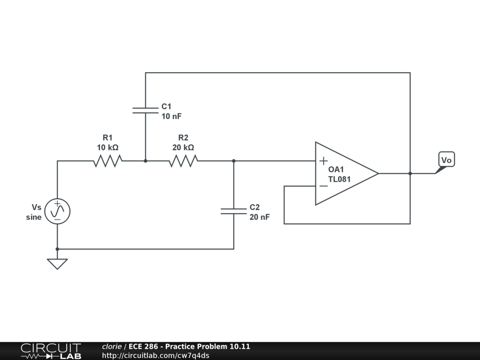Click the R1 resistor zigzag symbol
click(x=108, y=161)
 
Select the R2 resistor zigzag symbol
click(x=183, y=161)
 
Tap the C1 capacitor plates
click(x=145, y=111)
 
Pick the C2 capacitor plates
click(x=233, y=211)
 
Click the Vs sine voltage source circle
click(x=57, y=211)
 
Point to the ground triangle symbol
click(x=57, y=264)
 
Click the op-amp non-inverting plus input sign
click(x=323, y=161)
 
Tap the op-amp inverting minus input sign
click(x=323, y=186)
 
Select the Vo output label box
click(x=447, y=159)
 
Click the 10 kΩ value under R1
click(x=108, y=148)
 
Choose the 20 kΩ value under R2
click(x=183, y=148)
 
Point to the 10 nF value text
click(x=172, y=116)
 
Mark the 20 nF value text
click(x=260, y=217)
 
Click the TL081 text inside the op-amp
click(x=339, y=179)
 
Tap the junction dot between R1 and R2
click(x=145, y=161)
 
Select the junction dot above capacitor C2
click(x=233, y=161)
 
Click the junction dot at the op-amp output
click(x=410, y=173)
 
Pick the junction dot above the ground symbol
click(x=57, y=249)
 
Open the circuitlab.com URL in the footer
click(x=156, y=355)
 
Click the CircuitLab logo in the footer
click(x=51, y=351)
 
